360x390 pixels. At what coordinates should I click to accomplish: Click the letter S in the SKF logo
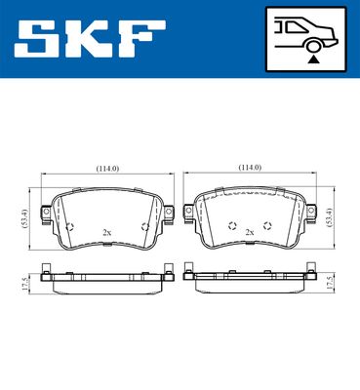(36, 38)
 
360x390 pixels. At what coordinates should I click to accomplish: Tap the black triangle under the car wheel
(313, 59)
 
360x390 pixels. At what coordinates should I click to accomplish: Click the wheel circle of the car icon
(314, 46)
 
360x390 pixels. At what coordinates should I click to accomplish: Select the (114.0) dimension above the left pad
(107, 169)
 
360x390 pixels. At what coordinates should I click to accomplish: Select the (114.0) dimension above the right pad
(250, 168)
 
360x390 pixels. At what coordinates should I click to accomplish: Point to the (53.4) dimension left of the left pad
(25, 218)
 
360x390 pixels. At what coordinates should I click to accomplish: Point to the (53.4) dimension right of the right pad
(331, 217)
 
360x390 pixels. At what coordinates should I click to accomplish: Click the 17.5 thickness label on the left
(25, 284)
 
